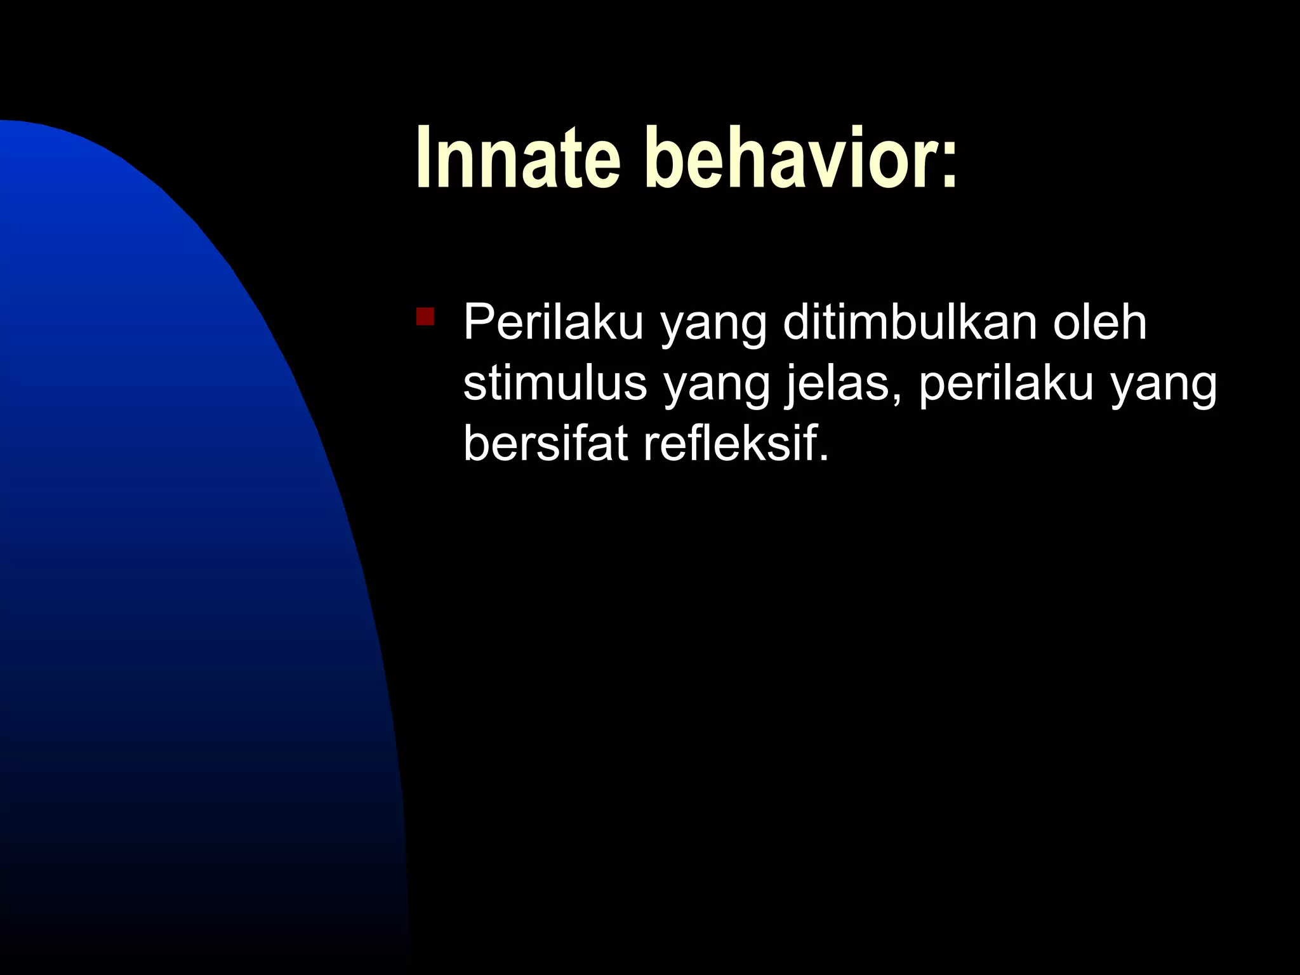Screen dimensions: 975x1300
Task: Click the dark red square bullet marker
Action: [425, 316]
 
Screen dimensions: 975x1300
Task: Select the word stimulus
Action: [555, 383]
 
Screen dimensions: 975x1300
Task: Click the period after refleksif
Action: [823, 459]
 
